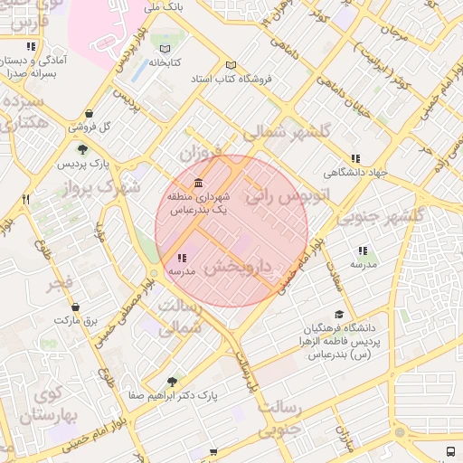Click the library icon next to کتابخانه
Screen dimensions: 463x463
pyautogui.click(x=165, y=49)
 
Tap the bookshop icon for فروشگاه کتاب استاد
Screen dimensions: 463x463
pyautogui.click(x=231, y=65)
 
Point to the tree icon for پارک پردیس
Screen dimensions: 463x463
pyautogui.click(x=83, y=149)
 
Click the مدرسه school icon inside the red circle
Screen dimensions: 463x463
pyautogui.click(x=182, y=259)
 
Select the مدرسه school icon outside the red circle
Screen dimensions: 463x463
pyautogui.click(x=363, y=250)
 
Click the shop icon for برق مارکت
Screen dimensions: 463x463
pyautogui.click(x=74, y=307)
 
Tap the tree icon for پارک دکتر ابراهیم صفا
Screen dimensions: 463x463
pyautogui.click(x=172, y=383)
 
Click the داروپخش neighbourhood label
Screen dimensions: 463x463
pyautogui.click(x=237, y=268)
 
